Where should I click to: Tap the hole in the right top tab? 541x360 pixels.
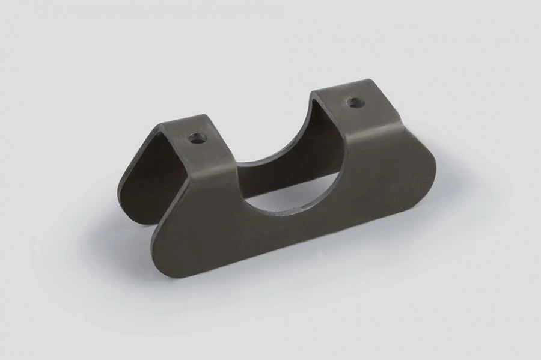(355, 102)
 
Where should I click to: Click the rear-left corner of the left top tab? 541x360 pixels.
(161, 125)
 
